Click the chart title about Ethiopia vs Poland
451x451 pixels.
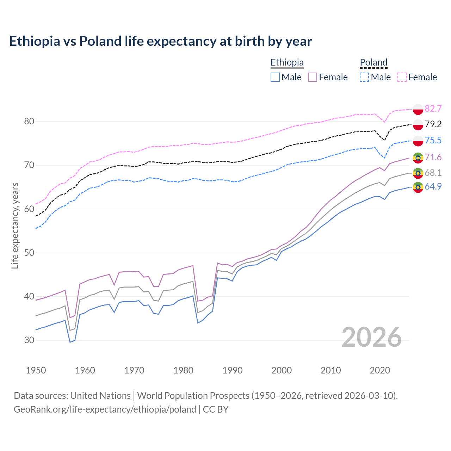point(161,41)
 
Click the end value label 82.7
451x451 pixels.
point(433,109)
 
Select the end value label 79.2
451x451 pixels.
point(433,124)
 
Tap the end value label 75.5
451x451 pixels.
point(433,140)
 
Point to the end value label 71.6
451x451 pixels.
point(433,157)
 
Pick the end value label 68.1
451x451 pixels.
point(433,173)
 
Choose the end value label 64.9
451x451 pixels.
point(433,186)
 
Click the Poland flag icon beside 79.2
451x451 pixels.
point(418,125)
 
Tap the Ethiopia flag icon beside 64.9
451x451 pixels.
point(418,187)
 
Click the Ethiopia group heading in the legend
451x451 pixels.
point(287,63)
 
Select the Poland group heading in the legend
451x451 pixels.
point(373,63)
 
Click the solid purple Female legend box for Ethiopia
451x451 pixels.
point(313,77)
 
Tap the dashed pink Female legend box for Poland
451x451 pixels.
point(402,77)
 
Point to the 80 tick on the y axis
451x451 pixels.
point(29,122)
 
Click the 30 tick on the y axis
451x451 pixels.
point(29,340)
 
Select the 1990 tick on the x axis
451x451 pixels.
point(233,370)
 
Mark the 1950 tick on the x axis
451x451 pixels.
point(36,370)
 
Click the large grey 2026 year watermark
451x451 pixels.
point(371,337)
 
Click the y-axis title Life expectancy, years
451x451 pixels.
point(15,225)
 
